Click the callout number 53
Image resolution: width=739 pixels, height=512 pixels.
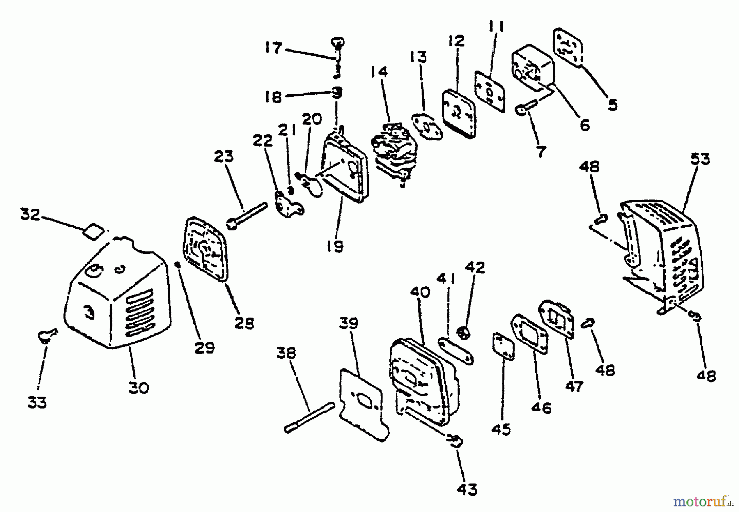pyautogui.click(x=700, y=158)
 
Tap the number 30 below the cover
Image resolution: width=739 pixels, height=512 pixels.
pyautogui.click(x=138, y=387)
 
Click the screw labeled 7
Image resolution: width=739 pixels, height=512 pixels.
pyautogui.click(x=525, y=107)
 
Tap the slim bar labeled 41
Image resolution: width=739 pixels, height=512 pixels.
pyautogui.click(x=455, y=351)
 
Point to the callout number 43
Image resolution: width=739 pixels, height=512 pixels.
pyautogui.click(x=467, y=489)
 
